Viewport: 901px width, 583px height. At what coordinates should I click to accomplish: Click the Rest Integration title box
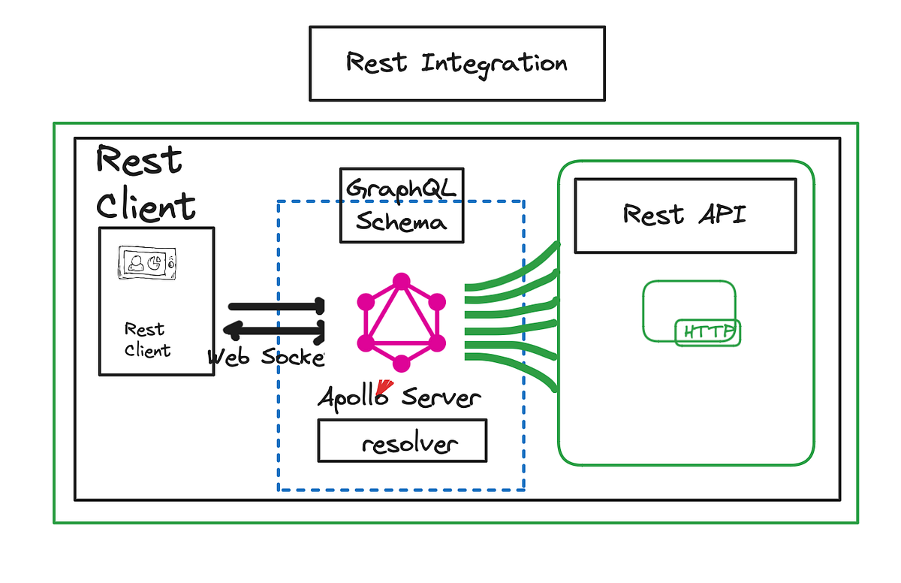pyautogui.click(x=457, y=64)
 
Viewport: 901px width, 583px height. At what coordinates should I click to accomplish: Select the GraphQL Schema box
pyautogui.click(x=402, y=205)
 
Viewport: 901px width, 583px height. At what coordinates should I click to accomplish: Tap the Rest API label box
pyautogui.click(x=685, y=216)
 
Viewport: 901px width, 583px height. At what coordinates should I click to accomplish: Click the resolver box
pyautogui.click(x=402, y=441)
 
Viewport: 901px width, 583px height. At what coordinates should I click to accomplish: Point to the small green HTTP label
pyautogui.click(x=708, y=332)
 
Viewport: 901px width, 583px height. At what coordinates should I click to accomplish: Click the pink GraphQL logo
pyautogui.click(x=402, y=322)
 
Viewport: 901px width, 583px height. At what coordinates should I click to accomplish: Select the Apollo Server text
pyautogui.click(x=399, y=397)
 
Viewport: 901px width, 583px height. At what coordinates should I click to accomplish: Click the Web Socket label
pyautogui.click(x=267, y=357)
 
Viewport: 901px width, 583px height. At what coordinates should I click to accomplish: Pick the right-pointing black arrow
pyautogui.click(x=276, y=307)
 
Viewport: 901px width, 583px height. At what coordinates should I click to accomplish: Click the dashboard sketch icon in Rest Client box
pyautogui.click(x=146, y=263)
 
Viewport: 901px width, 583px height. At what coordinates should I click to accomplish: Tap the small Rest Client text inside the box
pyautogui.click(x=146, y=340)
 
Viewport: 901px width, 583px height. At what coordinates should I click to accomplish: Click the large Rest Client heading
pyautogui.click(x=144, y=183)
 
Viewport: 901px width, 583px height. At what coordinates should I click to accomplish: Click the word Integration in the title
pyautogui.click(x=494, y=63)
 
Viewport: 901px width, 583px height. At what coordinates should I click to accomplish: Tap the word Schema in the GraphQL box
pyautogui.click(x=401, y=222)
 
